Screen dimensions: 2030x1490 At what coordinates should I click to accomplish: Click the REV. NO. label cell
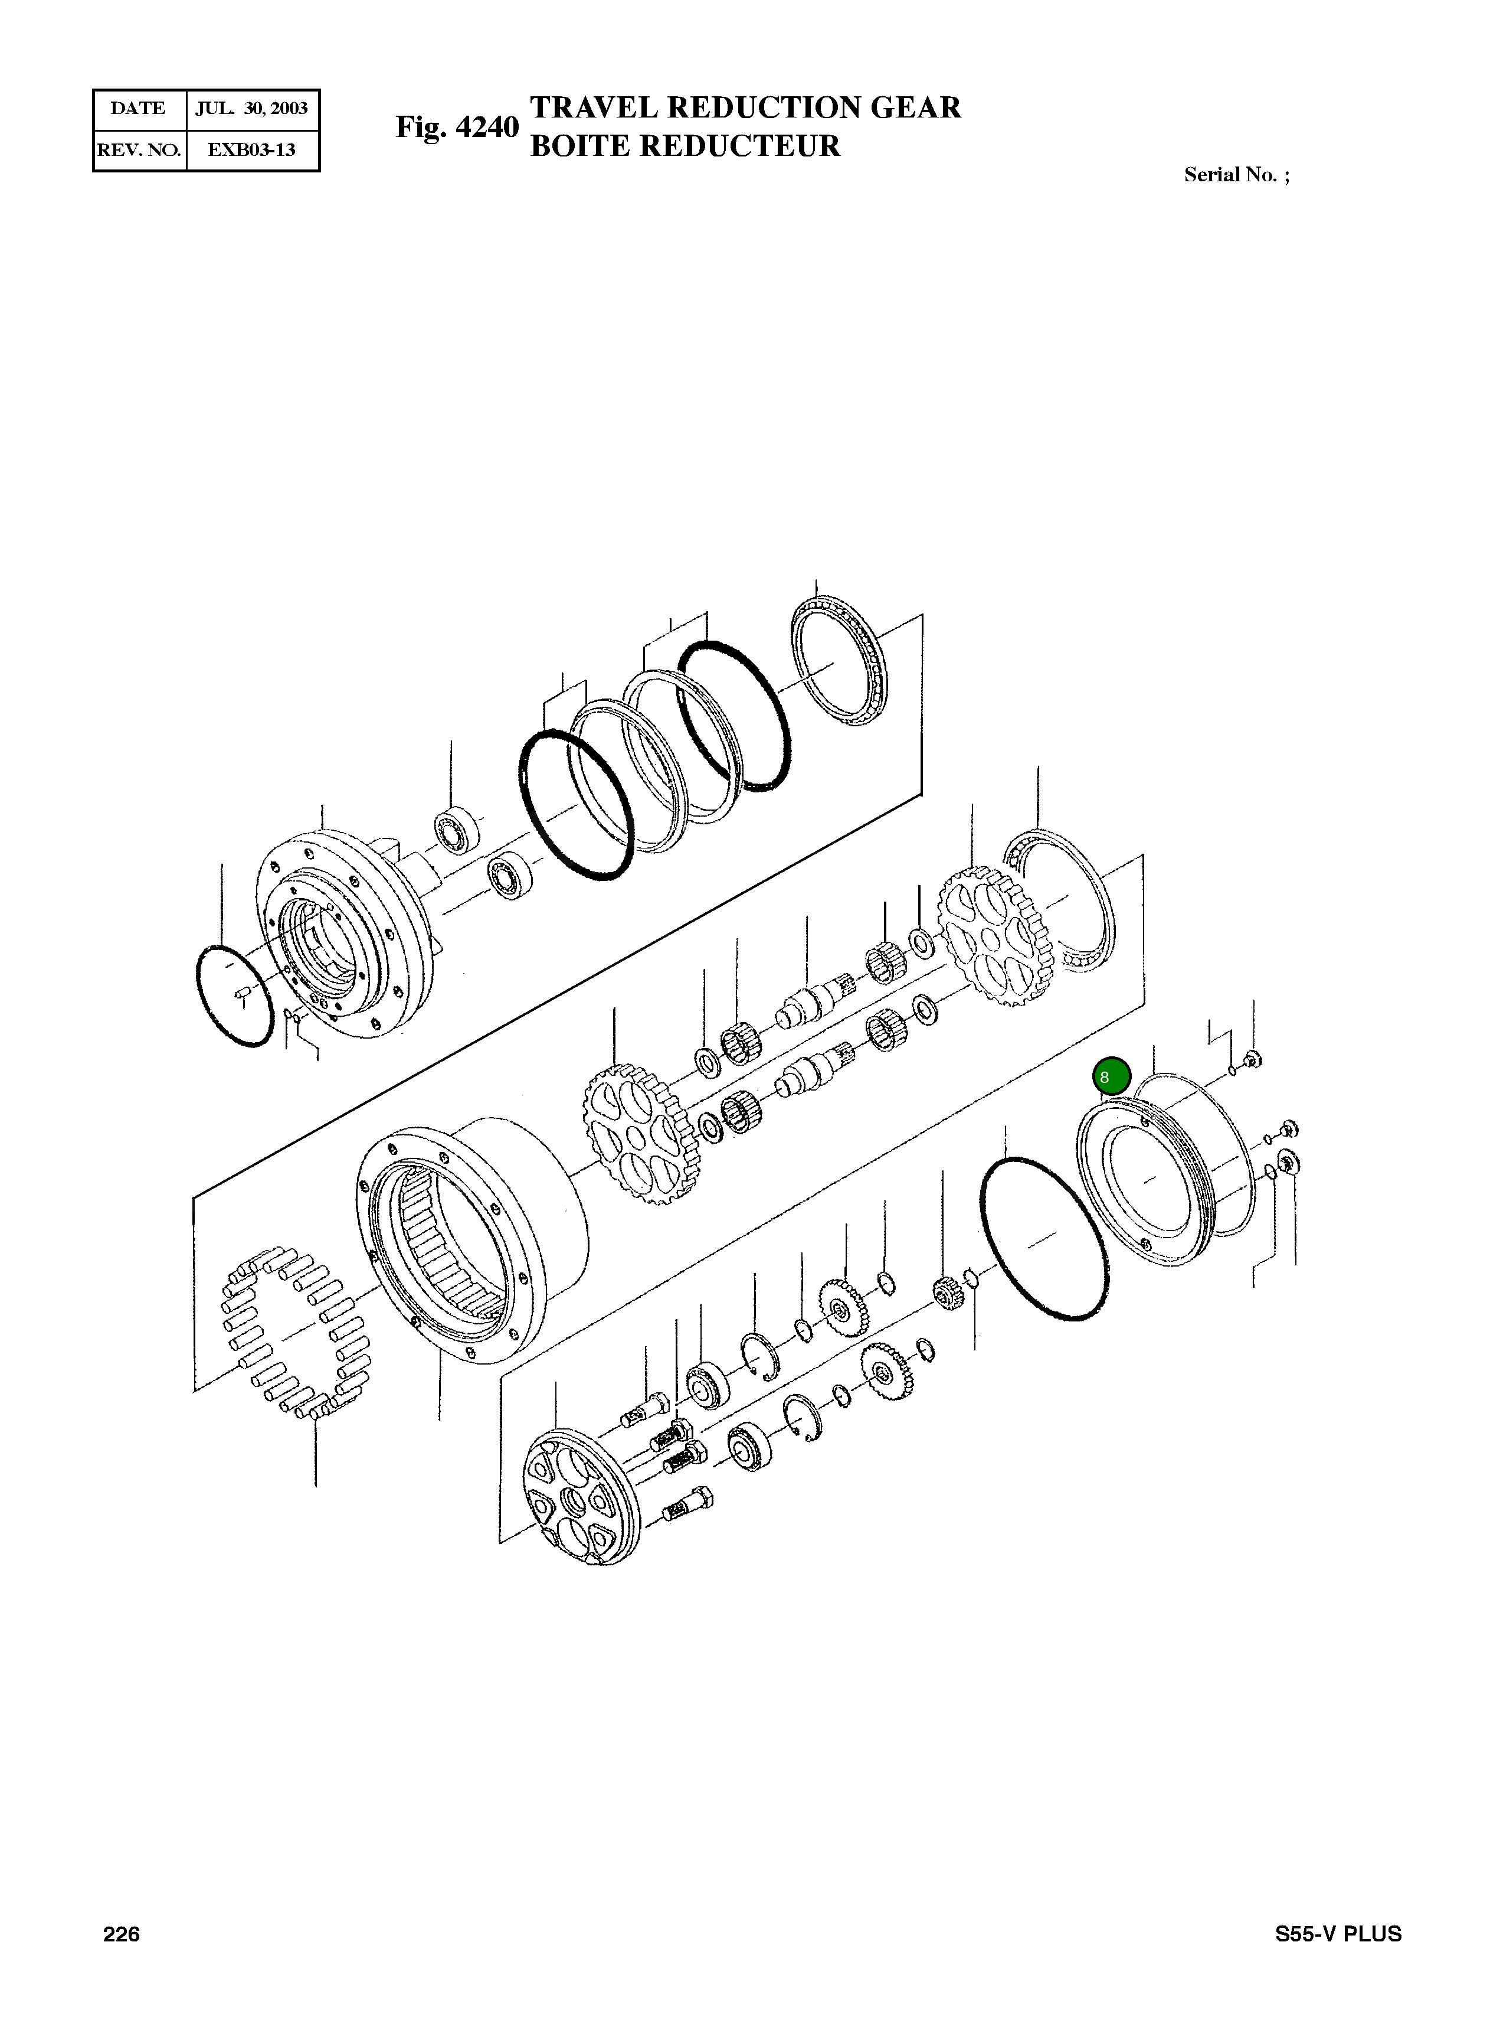coord(139,150)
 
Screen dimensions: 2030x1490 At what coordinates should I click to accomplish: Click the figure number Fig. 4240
coord(456,127)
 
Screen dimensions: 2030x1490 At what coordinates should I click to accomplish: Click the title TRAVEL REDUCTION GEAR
coord(745,107)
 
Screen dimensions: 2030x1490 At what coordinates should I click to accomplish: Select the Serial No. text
coord(1236,175)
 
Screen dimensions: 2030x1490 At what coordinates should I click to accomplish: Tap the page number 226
coord(122,1934)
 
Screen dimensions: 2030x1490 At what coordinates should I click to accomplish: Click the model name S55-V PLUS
coord(1338,1934)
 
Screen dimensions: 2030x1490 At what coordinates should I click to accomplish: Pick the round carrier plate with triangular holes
coord(582,1493)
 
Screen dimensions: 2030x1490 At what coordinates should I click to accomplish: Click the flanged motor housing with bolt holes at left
coord(343,934)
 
